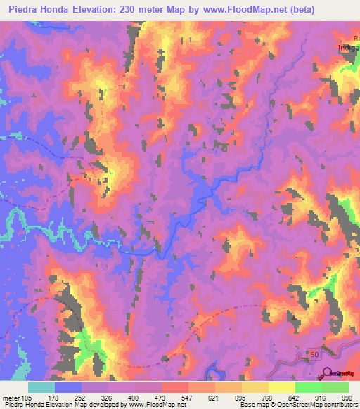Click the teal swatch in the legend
pos(41,388)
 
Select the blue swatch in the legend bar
pos(68,388)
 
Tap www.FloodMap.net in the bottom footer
pos(152,404)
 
